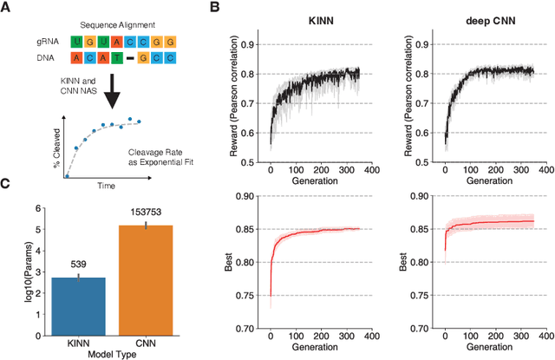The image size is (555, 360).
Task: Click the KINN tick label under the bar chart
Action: point(79,343)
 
